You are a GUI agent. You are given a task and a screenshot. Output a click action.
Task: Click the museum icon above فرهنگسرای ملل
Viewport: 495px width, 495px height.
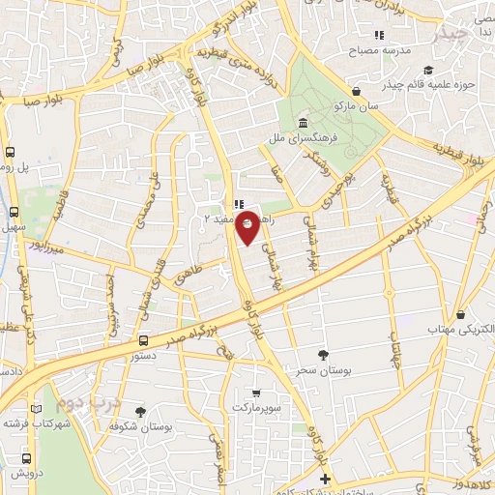pyautogui.click(x=304, y=124)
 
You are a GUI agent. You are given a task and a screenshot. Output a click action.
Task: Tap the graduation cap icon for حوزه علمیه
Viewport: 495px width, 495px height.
pyautogui.click(x=428, y=70)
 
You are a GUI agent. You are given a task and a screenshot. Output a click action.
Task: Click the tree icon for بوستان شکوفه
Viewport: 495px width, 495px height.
pyautogui.click(x=141, y=411)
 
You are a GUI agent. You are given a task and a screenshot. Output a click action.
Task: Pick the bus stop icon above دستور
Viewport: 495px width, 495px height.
pyautogui.click(x=144, y=340)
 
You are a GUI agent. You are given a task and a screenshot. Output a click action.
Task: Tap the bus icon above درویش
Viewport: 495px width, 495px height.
pyautogui.click(x=26, y=458)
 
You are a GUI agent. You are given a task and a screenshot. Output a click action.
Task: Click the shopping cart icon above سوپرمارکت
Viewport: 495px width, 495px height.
pyautogui.click(x=255, y=393)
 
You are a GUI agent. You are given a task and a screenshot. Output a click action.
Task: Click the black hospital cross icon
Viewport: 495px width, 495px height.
pyautogui.click(x=325, y=479)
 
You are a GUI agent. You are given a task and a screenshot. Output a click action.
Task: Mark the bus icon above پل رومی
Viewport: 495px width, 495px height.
pyautogui.click(x=10, y=152)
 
